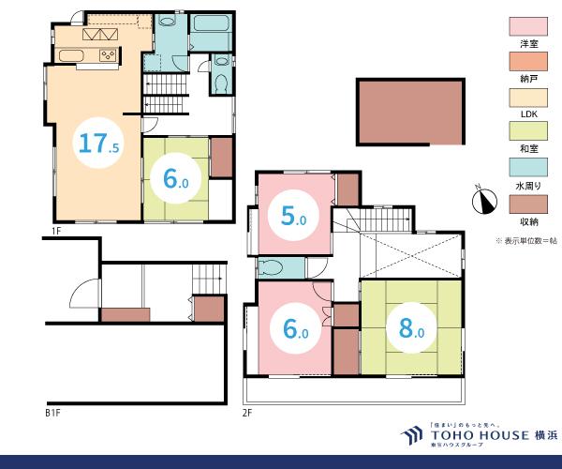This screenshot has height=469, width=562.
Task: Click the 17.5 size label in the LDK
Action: click(98, 143)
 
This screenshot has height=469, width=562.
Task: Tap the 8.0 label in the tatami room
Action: click(411, 328)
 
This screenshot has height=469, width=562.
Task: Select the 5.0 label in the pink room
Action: click(293, 216)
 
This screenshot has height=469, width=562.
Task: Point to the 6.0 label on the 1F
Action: click(176, 178)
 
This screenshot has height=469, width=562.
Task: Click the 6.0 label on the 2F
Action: click(296, 328)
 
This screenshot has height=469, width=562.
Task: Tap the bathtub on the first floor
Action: click(211, 23)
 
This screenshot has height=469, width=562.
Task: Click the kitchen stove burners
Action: click(109, 55)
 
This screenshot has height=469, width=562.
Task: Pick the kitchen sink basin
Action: click(71, 55)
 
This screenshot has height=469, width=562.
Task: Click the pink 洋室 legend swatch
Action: click(528, 26)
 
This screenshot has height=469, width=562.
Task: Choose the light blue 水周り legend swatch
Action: click(528, 167)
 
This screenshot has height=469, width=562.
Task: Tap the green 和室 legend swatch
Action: click(528, 131)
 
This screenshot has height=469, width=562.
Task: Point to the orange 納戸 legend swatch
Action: click(528, 61)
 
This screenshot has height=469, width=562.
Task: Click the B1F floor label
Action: click(52, 413)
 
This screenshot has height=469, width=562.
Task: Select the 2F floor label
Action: click(247, 413)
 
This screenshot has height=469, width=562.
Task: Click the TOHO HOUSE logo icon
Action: click(412, 435)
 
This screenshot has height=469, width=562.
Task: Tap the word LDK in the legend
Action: click(528, 114)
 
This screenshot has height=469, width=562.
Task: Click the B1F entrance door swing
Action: click(84, 294)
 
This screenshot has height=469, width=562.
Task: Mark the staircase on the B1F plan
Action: click(209, 280)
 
